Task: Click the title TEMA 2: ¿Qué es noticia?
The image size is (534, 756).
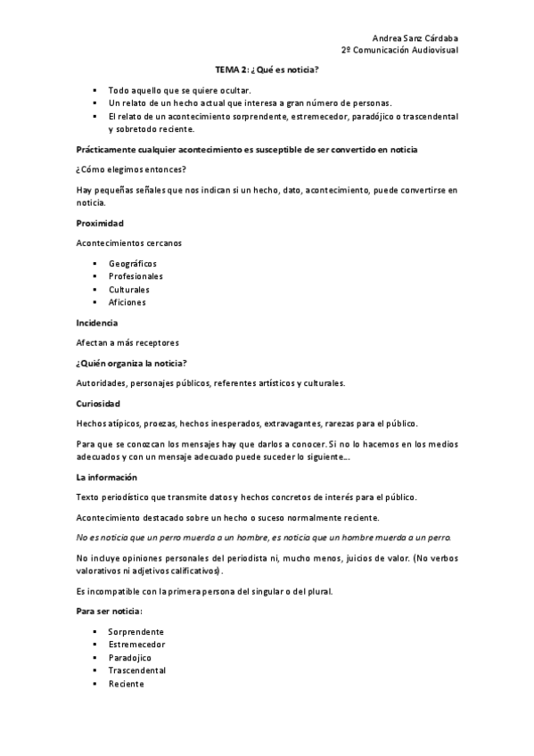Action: tap(267, 69)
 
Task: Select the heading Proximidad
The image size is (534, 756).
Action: tap(100, 222)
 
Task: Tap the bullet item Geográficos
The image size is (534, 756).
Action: tap(133, 265)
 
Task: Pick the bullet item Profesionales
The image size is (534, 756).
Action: tap(136, 277)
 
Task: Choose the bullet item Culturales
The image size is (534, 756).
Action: tap(129, 290)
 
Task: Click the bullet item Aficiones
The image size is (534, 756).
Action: tap(127, 302)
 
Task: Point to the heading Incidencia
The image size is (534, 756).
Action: tap(96, 323)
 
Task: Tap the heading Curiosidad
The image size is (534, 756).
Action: tap(98, 404)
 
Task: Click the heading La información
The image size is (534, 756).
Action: tap(106, 478)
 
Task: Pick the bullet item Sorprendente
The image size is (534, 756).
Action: tap(136, 631)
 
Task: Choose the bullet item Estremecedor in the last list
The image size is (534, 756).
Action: tap(137, 644)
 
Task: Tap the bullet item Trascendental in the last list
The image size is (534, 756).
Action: tap(137, 670)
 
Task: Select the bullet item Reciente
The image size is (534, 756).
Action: tap(127, 683)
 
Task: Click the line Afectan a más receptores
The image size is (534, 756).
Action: tap(127, 342)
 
